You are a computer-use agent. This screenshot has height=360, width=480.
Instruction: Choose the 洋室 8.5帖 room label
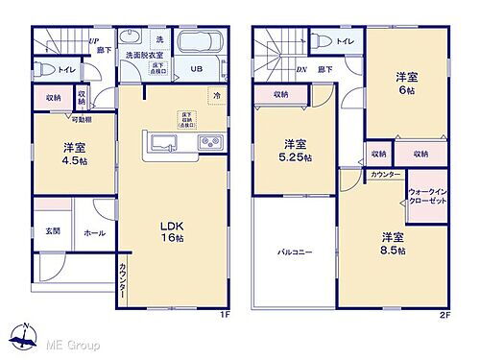(x=391, y=242)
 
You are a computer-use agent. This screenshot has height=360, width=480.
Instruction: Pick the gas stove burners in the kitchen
(x=209, y=144)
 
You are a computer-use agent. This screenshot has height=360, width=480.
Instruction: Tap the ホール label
(x=95, y=231)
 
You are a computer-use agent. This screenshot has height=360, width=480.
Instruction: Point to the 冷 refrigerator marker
(x=216, y=96)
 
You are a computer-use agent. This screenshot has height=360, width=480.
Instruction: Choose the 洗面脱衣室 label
(x=143, y=57)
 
